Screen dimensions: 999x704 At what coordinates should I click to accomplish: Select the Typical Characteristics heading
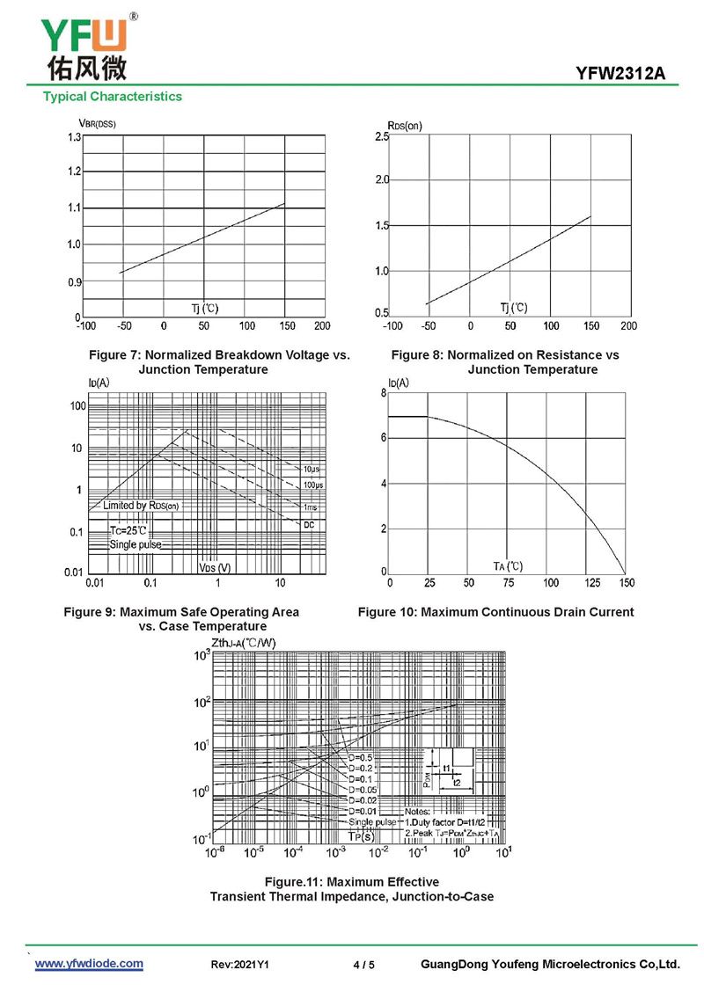pos(113,97)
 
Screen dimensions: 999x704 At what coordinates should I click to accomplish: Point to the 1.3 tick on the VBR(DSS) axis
pos(73,137)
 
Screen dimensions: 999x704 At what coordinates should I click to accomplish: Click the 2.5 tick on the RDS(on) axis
pos(381,137)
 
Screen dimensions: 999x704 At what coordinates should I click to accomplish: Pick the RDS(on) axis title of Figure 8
pos(405,125)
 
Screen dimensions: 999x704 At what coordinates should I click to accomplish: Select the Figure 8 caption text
pos(505,362)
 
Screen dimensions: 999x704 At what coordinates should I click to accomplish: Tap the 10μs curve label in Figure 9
pos(312,470)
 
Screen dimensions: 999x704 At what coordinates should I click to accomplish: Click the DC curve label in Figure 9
pos(309,525)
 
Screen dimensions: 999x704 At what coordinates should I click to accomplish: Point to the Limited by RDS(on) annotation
pos(141,506)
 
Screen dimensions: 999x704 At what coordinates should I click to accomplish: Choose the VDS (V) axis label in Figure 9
pos(215,568)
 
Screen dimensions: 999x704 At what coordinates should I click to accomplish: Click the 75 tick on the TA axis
pos(509,583)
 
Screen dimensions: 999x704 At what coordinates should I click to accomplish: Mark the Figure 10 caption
pos(495,612)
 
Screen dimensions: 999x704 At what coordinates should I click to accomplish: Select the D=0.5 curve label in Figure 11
pos(361,757)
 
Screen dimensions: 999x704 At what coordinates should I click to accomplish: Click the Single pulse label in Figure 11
pos(372,821)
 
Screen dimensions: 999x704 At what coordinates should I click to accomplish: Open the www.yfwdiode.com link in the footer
pos(89,964)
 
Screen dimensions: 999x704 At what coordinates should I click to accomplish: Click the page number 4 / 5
pos(363,965)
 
